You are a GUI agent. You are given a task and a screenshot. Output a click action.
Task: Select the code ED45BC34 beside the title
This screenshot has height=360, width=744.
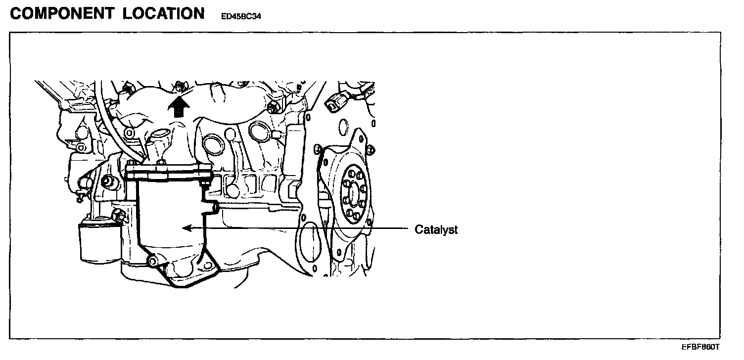pyautogui.click(x=241, y=16)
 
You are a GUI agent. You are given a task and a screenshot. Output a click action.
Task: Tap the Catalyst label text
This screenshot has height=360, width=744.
pyautogui.click(x=436, y=230)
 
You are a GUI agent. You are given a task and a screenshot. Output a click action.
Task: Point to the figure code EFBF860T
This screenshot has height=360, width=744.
pyautogui.click(x=701, y=347)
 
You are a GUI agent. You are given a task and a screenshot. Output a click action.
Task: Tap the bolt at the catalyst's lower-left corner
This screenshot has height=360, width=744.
pyautogui.click(x=153, y=261)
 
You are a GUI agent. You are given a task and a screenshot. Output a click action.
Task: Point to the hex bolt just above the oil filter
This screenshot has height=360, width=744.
pyautogui.click(x=119, y=215)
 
